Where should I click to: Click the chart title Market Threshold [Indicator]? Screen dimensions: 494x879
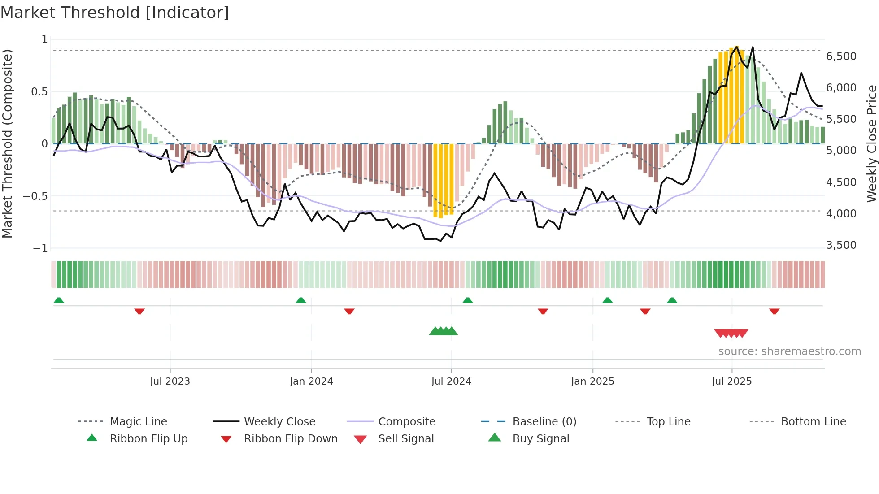(x=115, y=13)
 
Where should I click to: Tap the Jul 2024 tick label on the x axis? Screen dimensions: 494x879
(x=451, y=381)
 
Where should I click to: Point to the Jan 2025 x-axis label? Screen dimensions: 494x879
(x=592, y=381)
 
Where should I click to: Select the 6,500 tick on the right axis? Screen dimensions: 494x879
(x=841, y=56)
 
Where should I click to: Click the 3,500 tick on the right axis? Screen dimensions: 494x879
(x=841, y=245)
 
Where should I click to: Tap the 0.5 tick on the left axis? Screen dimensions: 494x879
(x=39, y=92)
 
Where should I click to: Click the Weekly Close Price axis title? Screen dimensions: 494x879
(x=871, y=143)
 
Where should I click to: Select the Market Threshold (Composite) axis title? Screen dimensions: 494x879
(x=7, y=143)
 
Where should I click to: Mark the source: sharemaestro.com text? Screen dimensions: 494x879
(x=789, y=351)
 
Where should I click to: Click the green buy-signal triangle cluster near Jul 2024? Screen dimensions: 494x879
(x=443, y=332)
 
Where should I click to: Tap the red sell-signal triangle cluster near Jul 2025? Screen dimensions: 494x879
(x=731, y=333)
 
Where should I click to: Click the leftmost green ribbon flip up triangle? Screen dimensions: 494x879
(x=59, y=300)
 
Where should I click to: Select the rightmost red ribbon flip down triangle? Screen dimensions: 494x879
(x=774, y=311)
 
